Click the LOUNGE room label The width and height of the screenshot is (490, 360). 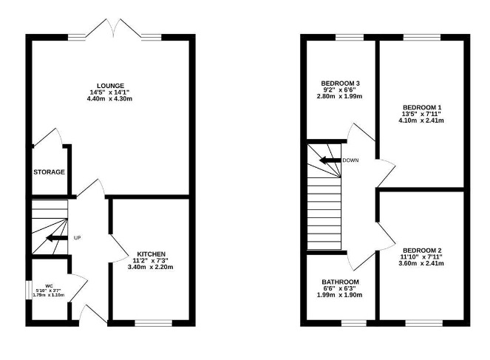pos(114,86)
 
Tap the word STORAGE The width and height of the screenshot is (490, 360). pos(49,172)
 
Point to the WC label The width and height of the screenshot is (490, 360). pos(49,285)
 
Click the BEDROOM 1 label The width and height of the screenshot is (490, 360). pos(422,108)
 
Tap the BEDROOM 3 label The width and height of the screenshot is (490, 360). pos(340,83)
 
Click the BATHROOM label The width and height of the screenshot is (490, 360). pos(340,282)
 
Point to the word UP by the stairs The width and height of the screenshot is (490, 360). pos(77,238)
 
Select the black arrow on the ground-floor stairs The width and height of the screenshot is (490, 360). pos(55,238)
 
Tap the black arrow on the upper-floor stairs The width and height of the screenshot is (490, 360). pos(329,160)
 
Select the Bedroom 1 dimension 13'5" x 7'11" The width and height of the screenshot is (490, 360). pos(422,115)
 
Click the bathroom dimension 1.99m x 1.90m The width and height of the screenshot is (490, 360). pos(340,296)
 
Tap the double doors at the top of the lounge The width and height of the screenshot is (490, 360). pos(114,30)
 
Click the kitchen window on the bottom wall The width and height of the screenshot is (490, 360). pos(153,322)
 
